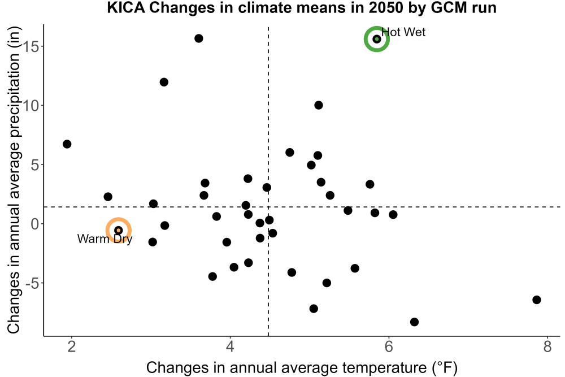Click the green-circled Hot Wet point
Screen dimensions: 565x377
tap(376, 39)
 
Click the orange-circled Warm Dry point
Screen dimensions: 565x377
tap(118, 230)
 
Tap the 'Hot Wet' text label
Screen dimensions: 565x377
tap(403, 32)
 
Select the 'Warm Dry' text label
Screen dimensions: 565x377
tap(105, 239)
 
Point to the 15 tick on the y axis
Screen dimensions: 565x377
tap(31, 46)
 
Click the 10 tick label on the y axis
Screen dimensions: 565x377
tap(31, 106)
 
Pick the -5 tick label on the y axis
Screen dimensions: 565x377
tap(32, 283)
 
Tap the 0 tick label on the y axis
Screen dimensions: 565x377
tap(35, 224)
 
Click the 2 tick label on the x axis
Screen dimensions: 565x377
tap(72, 346)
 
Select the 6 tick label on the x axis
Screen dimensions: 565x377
tap(389, 346)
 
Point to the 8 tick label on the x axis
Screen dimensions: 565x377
tap(547, 346)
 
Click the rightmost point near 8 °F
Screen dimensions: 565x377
tap(537, 300)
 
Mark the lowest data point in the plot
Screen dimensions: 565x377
tap(414, 322)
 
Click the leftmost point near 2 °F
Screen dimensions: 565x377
tap(67, 144)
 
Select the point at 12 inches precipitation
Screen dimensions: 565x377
tap(164, 82)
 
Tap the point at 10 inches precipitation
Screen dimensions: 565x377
tap(319, 105)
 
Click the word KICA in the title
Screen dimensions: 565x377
tap(126, 7)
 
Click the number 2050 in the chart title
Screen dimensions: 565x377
tap(385, 7)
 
